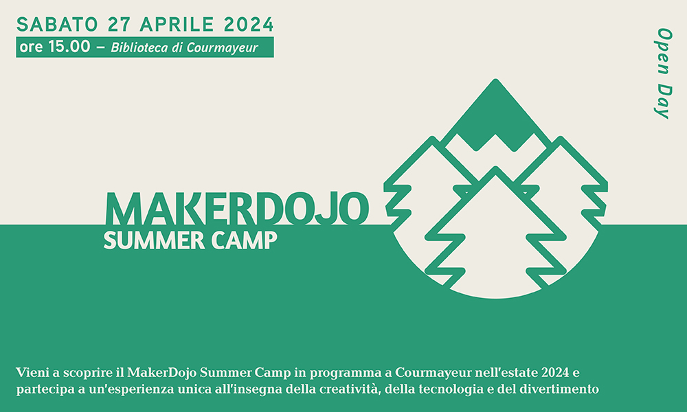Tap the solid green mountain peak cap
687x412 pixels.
click(495, 117)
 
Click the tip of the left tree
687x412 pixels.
click(432, 140)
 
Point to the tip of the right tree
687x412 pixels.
click(561, 140)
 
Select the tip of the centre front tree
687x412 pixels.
click(495, 170)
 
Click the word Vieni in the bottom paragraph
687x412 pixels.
click(30, 374)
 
